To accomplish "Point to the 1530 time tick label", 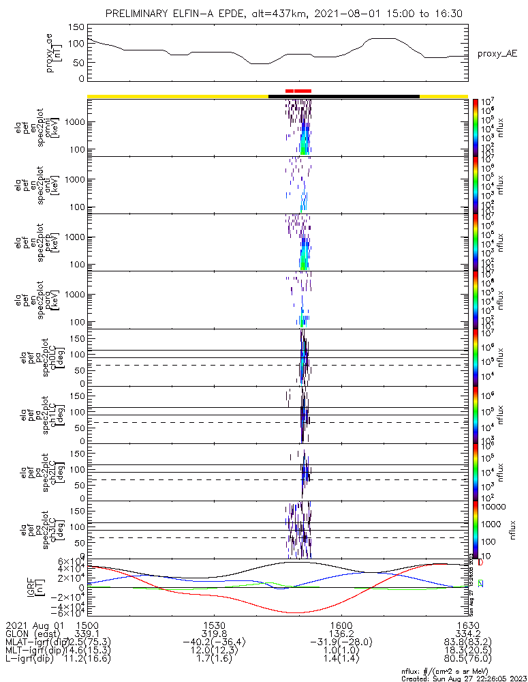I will pyautogui.click(x=214, y=624).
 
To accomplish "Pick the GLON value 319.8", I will pyautogui.click(x=214, y=633).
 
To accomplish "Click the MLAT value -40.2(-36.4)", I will pyautogui.click(x=214, y=642).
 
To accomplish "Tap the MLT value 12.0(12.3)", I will pyautogui.click(x=214, y=651).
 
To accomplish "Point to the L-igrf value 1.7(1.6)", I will pyautogui.click(x=214, y=659).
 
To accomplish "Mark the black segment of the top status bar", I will pyautogui.click(x=344, y=96).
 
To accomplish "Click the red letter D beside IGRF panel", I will pyautogui.click(x=480, y=563).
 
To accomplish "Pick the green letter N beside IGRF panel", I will pyautogui.click(x=480, y=584).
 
